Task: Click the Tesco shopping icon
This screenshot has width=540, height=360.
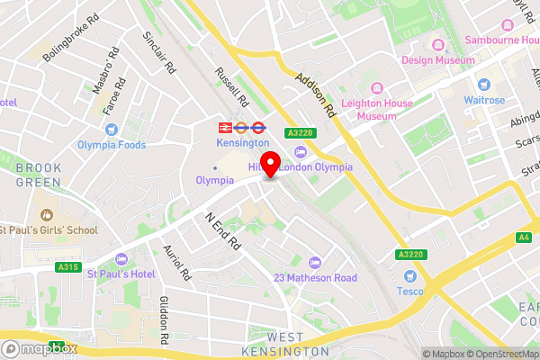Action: click(x=410, y=276)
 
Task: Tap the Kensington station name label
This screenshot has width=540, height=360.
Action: click(x=242, y=142)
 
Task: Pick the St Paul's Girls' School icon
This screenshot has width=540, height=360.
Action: click(x=46, y=215)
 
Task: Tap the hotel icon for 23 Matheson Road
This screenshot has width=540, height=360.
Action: click(x=313, y=262)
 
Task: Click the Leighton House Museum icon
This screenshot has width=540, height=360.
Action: click(x=375, y=87)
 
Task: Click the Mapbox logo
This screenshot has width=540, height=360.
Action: click(x=40, y=347)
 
